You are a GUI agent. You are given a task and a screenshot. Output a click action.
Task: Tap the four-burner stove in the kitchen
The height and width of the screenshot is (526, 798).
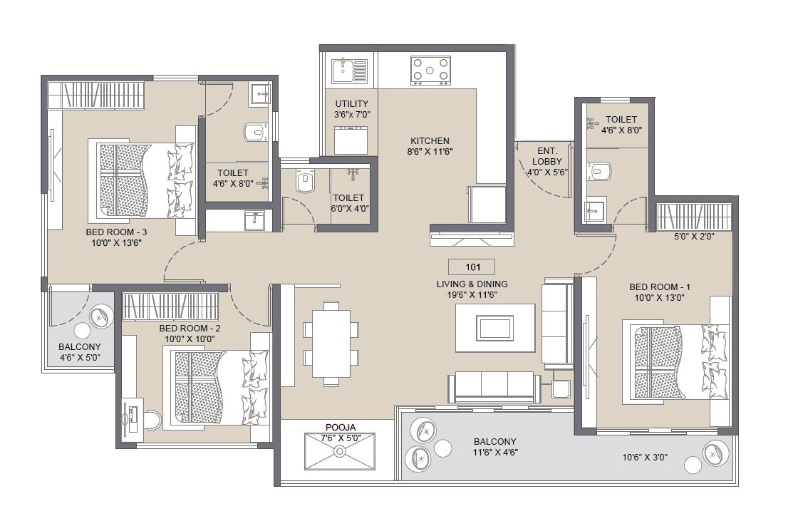[430, 71]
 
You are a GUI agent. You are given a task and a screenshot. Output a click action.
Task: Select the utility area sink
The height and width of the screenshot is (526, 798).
[349, 71]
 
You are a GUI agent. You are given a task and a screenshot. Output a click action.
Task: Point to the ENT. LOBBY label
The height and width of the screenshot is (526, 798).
[546, 161]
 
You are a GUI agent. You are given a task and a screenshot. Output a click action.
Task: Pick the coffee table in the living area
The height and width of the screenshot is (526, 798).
[496, 328]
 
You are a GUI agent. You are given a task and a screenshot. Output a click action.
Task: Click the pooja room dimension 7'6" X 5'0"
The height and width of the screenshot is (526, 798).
[340, 438]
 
